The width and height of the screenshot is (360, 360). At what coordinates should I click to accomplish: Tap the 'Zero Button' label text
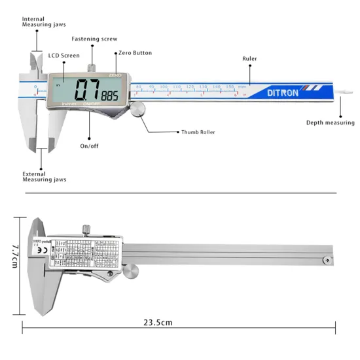tap(134, 52)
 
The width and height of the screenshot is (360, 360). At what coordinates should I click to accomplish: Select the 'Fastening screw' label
tap(94, 39)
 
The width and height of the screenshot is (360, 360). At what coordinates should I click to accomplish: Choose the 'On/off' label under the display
tap(89, 145)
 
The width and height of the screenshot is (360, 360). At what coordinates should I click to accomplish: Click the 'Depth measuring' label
tap(330, 122)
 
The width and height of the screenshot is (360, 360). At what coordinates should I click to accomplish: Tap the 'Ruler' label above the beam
tap(249, 59)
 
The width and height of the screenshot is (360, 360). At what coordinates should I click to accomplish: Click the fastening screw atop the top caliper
tap(94, 65)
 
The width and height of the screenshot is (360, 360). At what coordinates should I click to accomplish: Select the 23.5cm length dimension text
tap(158, 322)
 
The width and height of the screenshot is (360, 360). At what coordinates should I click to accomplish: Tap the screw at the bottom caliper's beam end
tap(325, 261)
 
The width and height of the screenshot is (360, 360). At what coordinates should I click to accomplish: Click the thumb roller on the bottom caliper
tap(132, 270)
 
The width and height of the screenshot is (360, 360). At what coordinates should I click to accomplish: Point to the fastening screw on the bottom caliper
tap(86, 228)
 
